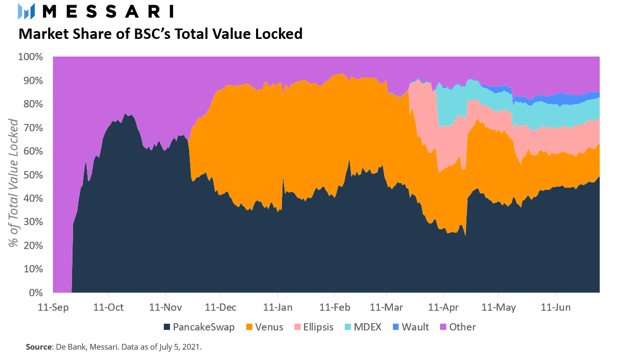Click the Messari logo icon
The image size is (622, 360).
[x=26, y=11]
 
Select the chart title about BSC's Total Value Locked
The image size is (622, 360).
[x=160, y=34]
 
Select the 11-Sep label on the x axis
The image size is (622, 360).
[x=53, y=307]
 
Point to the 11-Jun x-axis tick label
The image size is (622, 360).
[x=556, y=307]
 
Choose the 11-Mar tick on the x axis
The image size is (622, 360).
[x=386, y=307]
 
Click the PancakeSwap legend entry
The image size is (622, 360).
[x=199, y=327]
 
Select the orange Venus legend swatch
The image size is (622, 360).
[x=249, y=327]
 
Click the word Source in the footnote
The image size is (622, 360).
[x=38, y=347]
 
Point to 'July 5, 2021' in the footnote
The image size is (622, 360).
[x=179, y=347]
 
